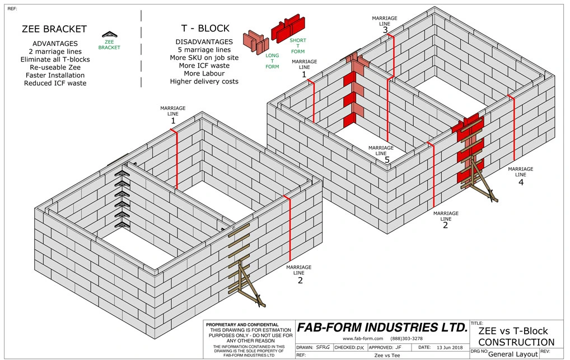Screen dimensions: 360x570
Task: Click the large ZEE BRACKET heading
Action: tap(54, 29)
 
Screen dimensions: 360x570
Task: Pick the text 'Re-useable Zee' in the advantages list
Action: tap(54, 67)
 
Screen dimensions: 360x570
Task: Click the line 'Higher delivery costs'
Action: tap(204, 82)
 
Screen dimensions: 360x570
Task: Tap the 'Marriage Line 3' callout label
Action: tap(385, 25)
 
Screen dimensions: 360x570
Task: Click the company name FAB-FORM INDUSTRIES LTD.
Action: tap(382, 328)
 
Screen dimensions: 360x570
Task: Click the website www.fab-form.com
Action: tap(362, 339)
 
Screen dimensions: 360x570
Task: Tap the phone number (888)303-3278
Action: tap(407, 339)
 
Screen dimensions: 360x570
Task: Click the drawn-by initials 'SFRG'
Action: tap(323, 347)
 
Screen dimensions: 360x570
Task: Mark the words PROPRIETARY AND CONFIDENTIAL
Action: tap(242, 325)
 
